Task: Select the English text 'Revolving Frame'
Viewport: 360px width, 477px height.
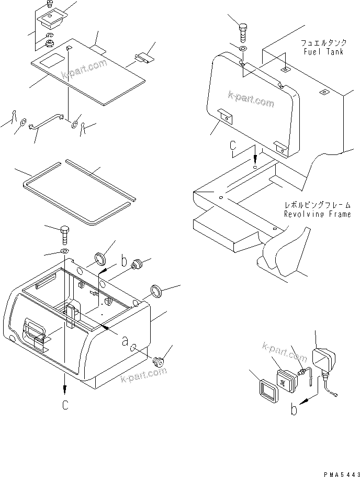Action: pyautogui.click(x=317, y=214)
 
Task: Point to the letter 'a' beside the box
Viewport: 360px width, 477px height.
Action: pyautogui.click(x=125, y=341)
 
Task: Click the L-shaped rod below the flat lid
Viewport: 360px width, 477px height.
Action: pyautogui.click(x=47, y=121)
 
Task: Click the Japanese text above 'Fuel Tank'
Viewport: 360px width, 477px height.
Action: pyautogui.click(x=322, y=42)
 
